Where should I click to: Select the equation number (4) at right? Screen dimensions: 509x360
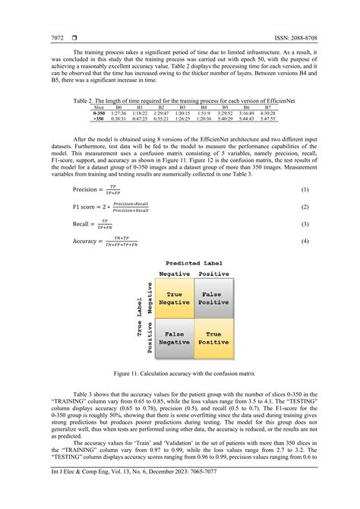coord(305,242)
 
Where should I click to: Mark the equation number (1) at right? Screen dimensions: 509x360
coord(305,188)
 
